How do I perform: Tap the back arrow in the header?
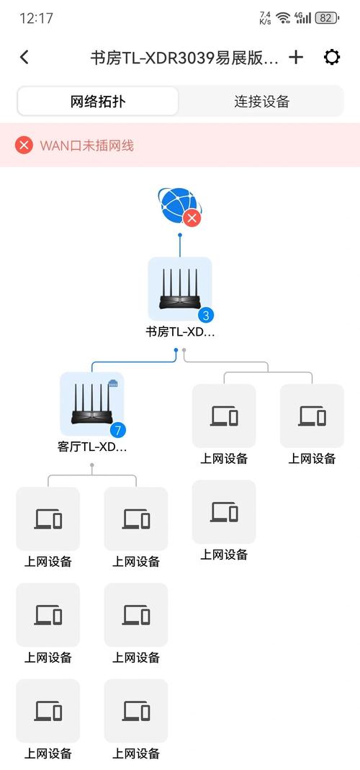[24, 58]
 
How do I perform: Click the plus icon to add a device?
[296, 58]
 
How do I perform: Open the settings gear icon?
[332, 58]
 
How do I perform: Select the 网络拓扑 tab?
[98, 102]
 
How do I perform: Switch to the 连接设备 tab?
[261, 102]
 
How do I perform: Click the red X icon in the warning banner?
[24, 146]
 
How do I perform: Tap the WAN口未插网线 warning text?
[86, 146]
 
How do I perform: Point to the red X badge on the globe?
[192, 218]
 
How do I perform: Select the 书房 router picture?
[180, 287]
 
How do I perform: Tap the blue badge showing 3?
[206, 315]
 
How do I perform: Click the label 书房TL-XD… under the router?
[180, 332]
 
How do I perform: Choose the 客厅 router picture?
[91, 403]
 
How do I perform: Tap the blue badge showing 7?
[118, 430]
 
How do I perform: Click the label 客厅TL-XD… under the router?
[91, 447]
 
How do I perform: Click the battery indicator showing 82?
[326, 18]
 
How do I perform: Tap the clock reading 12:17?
[37, 19]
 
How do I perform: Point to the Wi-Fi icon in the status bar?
[283, 18]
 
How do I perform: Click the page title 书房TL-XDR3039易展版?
[184, 58]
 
